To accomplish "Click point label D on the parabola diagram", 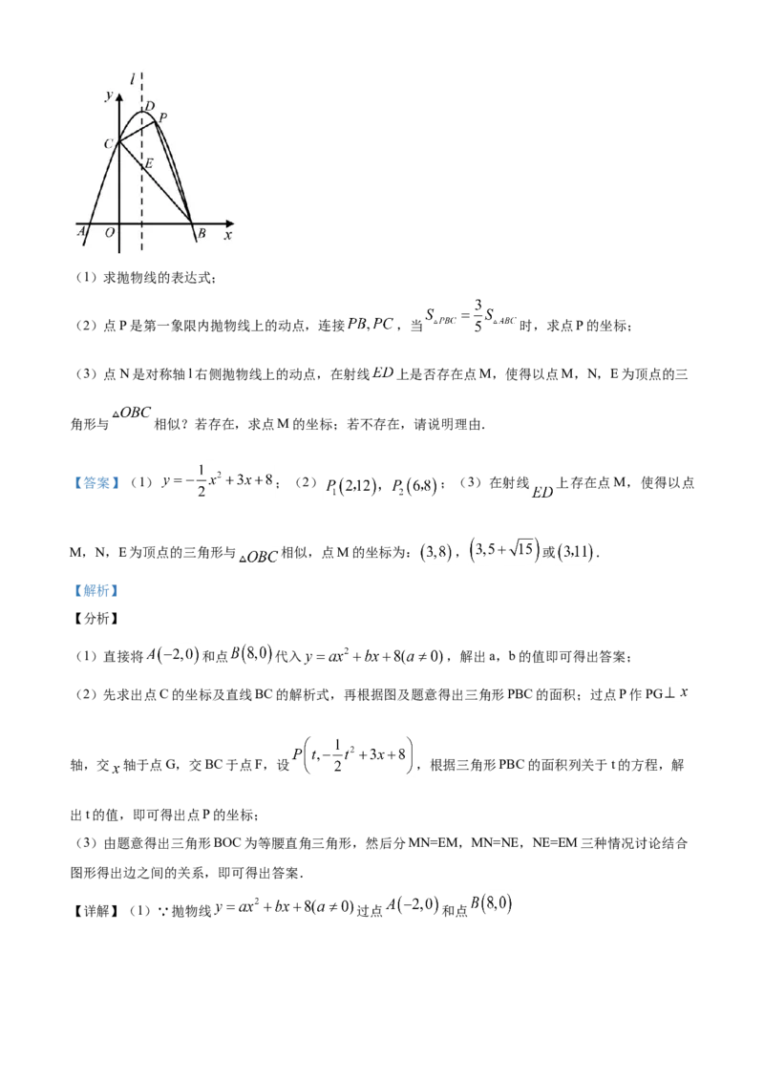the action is [150, 107].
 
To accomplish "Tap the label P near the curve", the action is [162, 117].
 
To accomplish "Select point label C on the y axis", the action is [109, 144].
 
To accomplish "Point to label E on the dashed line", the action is [148, 164].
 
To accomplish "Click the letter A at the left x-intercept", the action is [80, 232].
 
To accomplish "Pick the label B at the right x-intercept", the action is [202, 233].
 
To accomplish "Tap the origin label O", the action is [109, 233].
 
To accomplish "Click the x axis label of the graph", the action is [227, 235].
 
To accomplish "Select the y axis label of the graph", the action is [109, 95].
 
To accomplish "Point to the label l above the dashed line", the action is [132, 80].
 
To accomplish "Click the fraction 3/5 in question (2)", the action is [477, 315].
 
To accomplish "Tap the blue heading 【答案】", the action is [97, 483].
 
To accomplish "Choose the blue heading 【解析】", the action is [97, 591].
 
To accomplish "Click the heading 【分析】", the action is [97, 619].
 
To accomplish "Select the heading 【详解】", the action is [97, 911].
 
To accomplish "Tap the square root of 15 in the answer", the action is [521, 549].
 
